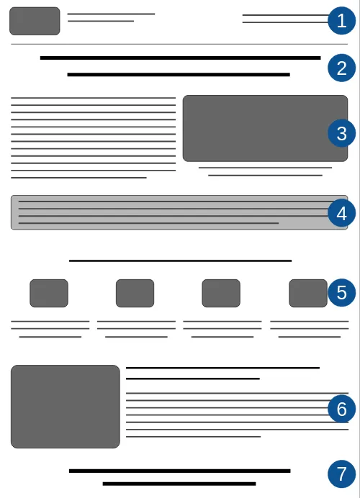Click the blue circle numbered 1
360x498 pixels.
(341, 21)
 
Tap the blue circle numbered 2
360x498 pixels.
(341, 68)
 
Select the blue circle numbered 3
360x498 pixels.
(341, 133)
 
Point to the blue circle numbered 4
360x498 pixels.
(341, 213)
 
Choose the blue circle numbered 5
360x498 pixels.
(341, 292)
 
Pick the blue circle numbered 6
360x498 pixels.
(341, 409)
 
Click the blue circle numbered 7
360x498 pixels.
(341, 474)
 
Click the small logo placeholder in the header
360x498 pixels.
(35, 21)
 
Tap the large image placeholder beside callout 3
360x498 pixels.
(265, 128)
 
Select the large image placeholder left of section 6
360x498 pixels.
(65, 407)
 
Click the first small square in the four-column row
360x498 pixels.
(49, 293)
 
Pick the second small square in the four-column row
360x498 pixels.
(135, 293)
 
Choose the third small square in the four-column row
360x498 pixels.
(221, 293)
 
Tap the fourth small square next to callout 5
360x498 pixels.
(308, 293)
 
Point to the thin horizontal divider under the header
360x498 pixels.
(179, 44)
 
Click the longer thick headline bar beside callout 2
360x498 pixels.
(181, 58)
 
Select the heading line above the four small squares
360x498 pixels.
(181, 261)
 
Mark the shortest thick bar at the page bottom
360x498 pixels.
(179, 484)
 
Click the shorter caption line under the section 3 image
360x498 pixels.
(265, 176)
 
